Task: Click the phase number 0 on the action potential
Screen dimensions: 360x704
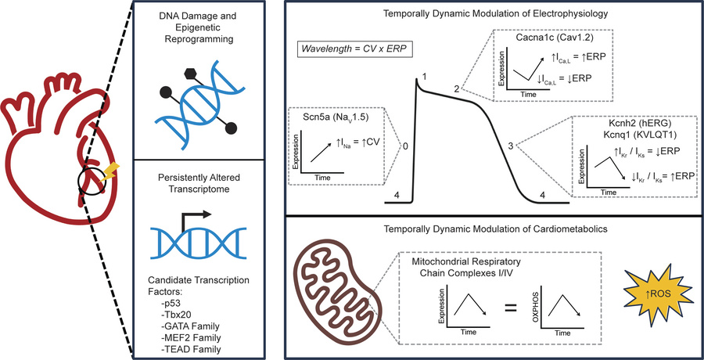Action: (404, 146)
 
